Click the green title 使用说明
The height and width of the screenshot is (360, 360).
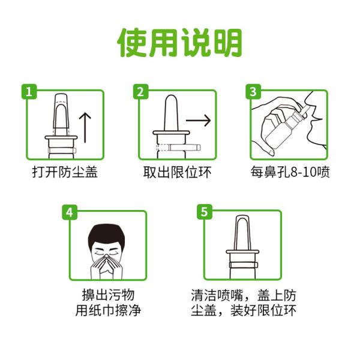pos(180,43)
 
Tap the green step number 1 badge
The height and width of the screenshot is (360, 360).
pos(29,92)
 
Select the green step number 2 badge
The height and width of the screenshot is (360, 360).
pos(141,92)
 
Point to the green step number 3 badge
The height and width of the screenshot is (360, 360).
pos(253,92)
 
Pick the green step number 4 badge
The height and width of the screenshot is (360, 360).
pos(70,212)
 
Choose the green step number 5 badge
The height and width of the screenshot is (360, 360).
pos(205,212)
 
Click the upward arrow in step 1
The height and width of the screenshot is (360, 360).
pos(85,127)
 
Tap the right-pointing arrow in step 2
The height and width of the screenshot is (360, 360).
pos(198,121)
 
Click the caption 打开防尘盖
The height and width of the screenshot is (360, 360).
pos(65,172)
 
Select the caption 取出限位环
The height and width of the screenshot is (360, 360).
pos(177,172)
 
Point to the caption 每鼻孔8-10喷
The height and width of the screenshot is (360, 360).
pos(290,172)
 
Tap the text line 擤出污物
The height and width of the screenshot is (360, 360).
pos(108,295)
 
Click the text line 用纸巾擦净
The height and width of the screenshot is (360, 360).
pos(108,310)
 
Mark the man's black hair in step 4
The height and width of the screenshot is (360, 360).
pos(106,234)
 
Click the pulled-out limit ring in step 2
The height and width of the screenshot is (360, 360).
pos(184,147)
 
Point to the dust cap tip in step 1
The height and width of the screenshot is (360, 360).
pos(61,95)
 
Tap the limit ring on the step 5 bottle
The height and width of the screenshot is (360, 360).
pos(242,265)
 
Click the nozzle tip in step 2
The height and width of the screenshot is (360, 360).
pos(171,97)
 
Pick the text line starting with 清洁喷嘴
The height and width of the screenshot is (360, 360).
pos(244,295)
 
